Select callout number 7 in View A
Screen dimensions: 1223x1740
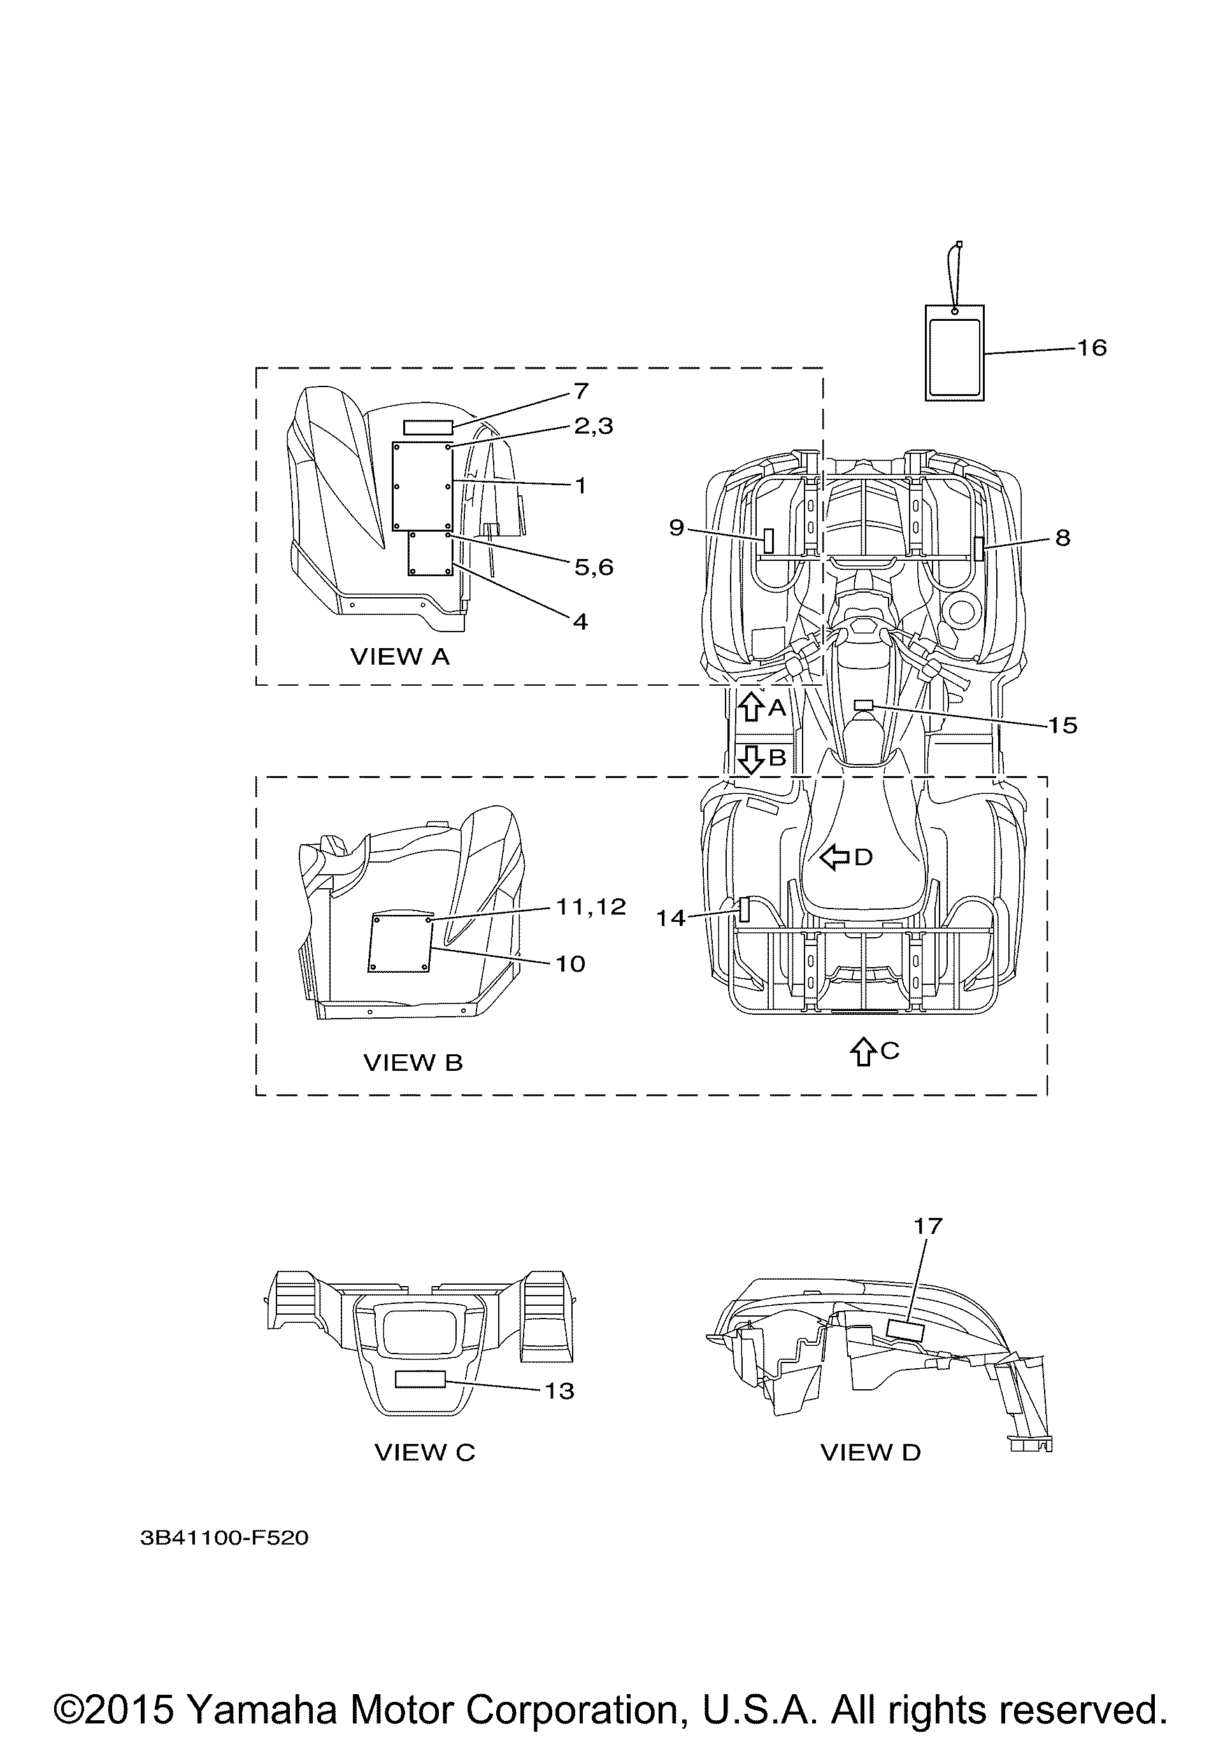pos(581,392)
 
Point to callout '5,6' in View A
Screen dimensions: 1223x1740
pos(593,567)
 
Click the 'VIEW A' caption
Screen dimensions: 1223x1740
pos(399,656)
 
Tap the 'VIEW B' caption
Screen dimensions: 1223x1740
pos(413,1063)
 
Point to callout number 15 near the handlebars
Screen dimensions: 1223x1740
pos(1063,725)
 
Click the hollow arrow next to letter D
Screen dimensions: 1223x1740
pos(835,857)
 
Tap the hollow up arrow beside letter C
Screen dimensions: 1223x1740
pos(861,1052)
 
